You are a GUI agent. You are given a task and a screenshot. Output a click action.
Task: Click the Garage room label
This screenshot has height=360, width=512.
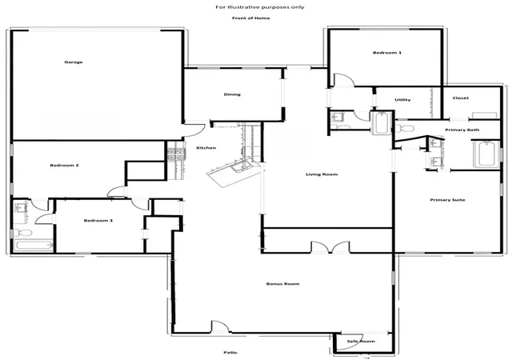click(x=74, y=62)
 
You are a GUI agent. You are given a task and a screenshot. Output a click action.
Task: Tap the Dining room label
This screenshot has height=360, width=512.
click(x=232, y=94)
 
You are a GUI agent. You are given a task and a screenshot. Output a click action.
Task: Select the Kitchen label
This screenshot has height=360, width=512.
click(x=206, y=148)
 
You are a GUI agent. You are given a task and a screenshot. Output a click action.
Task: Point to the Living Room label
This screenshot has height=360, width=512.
click(x=322, y=174)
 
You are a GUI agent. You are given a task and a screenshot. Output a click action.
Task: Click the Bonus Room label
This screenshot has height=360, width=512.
click(x=282, y=284)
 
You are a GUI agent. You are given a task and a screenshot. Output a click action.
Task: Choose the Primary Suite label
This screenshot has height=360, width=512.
click(x=447, y=200)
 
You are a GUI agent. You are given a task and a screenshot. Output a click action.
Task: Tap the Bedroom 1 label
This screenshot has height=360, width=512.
click(x=387, y=53)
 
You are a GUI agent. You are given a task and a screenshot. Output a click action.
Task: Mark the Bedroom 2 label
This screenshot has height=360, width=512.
click(x=64, y=166)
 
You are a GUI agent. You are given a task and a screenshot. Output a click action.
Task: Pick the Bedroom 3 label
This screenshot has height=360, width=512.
click(x=98, y=221)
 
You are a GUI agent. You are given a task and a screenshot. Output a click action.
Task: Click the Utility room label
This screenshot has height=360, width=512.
click(x=402, y=100)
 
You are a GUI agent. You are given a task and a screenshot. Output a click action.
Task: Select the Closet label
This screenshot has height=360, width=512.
click(x=461, y=98)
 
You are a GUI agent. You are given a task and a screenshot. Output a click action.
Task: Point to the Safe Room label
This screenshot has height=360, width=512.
click(x=361, y=342)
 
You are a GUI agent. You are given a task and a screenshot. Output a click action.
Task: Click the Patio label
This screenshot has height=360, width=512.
click(x=230, y=353)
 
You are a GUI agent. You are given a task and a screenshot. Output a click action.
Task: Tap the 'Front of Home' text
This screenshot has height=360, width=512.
click(x=251, y=18)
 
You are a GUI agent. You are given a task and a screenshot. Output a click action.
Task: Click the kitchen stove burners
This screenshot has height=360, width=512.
click(x=176, y=154)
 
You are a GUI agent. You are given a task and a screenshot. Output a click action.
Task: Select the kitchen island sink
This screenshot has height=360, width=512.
click(x=238, y=169)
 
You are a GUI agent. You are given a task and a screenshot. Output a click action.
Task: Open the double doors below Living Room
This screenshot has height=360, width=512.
click(x=330, y=247)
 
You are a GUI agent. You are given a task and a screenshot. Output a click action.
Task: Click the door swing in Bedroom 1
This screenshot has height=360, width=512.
click(x=343, y=80)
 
